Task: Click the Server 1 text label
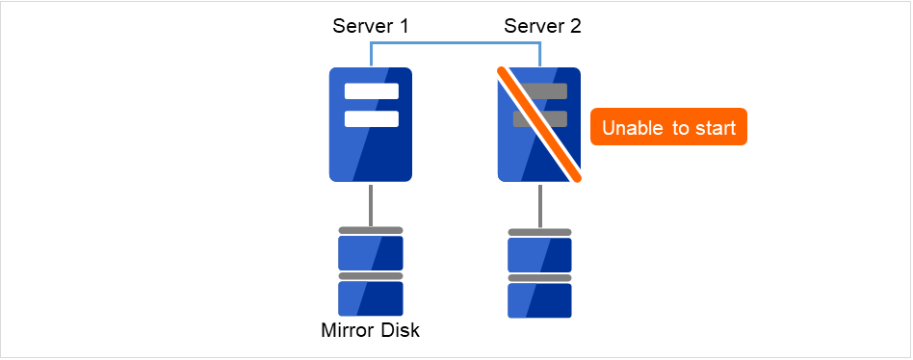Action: point(371,26)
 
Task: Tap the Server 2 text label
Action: point(542,26)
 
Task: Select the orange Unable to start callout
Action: point(668,127)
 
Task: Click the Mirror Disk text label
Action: point(371,331)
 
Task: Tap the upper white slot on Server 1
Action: point(372,92)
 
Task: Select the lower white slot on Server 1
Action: point(372,119)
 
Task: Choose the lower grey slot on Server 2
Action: point(527,118)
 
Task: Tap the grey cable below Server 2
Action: point(539,205)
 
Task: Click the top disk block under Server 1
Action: point(371,252)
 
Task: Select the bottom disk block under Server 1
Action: point(371,298)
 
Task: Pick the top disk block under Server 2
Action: point(539,254)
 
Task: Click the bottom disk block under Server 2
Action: point(539,299)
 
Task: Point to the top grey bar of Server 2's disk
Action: point(539,232)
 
